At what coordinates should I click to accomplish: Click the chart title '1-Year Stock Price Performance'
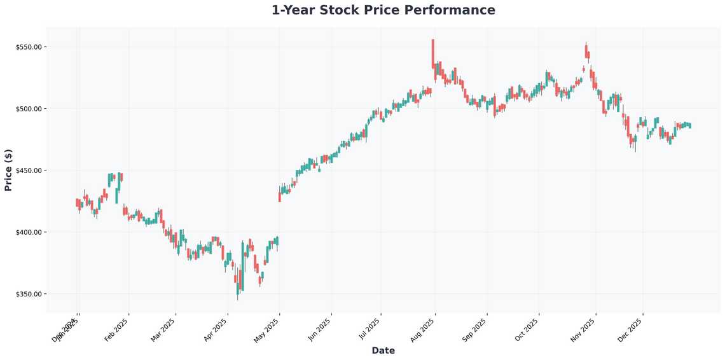tap(383, 10)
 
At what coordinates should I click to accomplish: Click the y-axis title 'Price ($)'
tap(8, 170)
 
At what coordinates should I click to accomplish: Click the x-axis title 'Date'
tap(383, 350)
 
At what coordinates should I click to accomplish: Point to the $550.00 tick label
tap(29, 47)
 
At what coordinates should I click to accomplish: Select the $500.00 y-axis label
tap(29, 109)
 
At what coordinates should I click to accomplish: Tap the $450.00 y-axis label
tap(29, 170)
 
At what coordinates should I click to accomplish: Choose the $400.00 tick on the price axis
tap(29, 232)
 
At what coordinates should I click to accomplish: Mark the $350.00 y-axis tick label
tap(29, 294)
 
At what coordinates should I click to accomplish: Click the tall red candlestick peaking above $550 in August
tap(433, 53)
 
